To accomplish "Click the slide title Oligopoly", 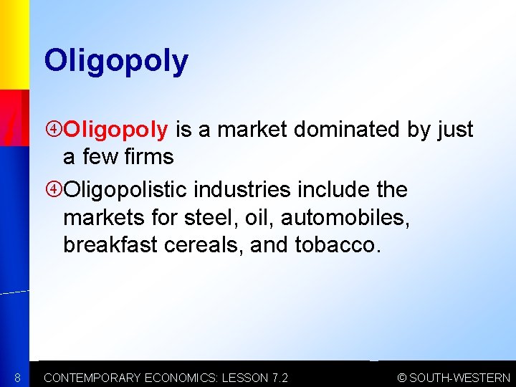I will tap(116, 62).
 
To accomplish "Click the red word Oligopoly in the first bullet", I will tap(116, 130).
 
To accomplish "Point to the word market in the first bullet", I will tap(250, 129).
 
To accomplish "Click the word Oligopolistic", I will tap(132, 190).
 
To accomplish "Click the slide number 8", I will tap(16, 377).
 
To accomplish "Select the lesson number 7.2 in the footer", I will tap(278, 378).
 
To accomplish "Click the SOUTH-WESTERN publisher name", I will tap(460, 378).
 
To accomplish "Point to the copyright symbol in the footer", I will tap(403, 378).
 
